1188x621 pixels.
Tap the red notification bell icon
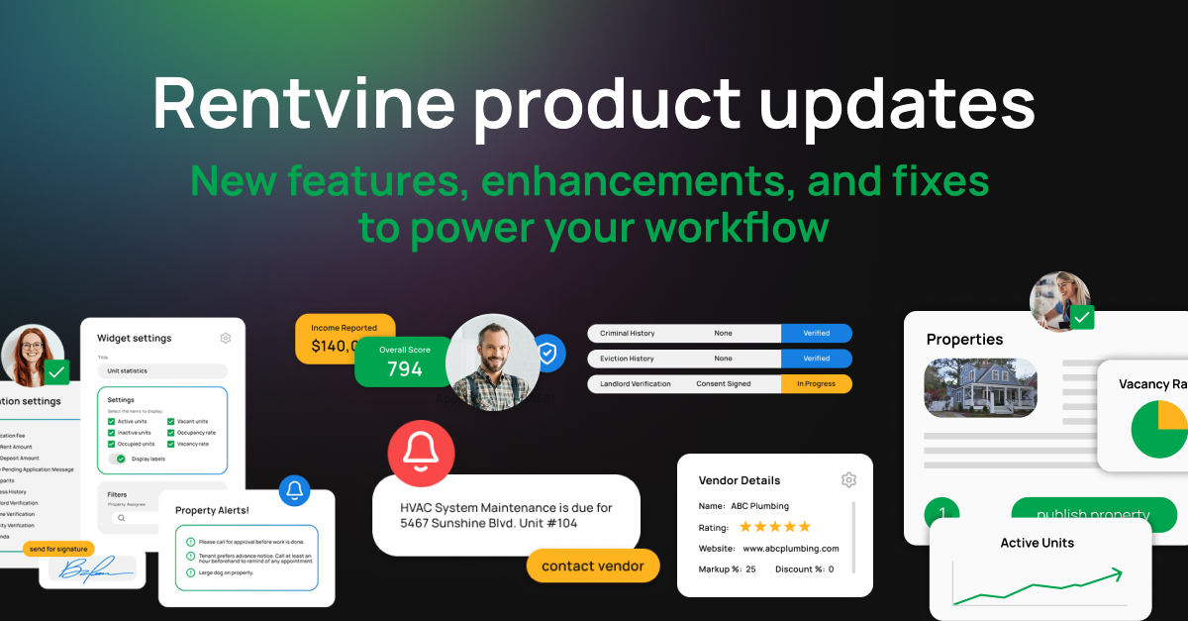[x=421, y=453]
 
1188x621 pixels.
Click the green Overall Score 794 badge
[x=404, y=362]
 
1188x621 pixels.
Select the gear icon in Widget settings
[x=226, y=338]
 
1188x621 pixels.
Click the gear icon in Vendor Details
[x=848, y=479]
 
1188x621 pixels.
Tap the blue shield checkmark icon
[x=547, y=353]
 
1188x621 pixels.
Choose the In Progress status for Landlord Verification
[x=816, y=383]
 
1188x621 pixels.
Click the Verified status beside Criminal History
[x=816, y=333]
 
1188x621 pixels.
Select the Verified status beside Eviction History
[x=816, y=359]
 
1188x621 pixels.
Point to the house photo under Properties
[x=980, y=387]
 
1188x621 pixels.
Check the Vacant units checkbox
[x=172, y=422]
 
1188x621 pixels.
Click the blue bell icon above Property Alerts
[x=294, y=490]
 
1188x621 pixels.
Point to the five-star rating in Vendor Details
[x=775, y=527]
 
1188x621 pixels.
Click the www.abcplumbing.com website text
[x=790, y=548]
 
